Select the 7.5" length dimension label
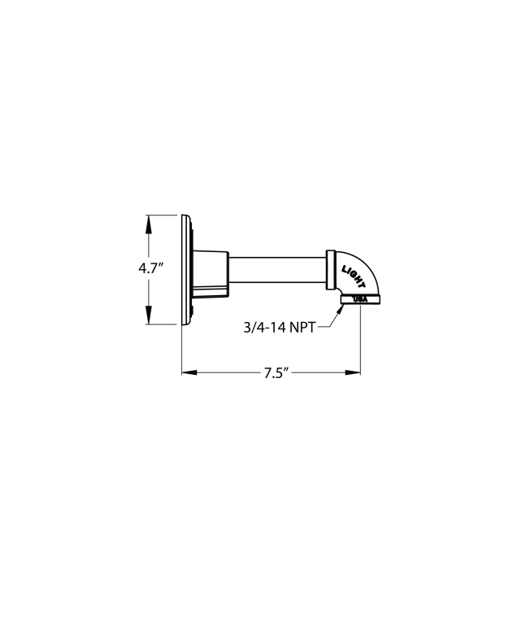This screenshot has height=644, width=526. pos(276,373)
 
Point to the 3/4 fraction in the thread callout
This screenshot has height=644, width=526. pos(253,328)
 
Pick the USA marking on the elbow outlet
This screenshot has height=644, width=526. pos(360,300)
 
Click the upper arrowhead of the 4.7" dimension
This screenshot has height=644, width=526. pos(147,222)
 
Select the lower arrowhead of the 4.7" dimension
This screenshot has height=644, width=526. pos(147,317)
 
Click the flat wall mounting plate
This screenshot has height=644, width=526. pos(185,269)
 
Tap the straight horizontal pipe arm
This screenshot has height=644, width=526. pos(276,269)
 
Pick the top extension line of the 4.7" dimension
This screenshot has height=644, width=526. pos(163,215)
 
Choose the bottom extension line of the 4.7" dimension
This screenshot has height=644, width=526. pos(163,324)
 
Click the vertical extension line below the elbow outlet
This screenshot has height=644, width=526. pos(360,342)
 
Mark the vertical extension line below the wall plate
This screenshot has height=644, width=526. pos(181,350)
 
